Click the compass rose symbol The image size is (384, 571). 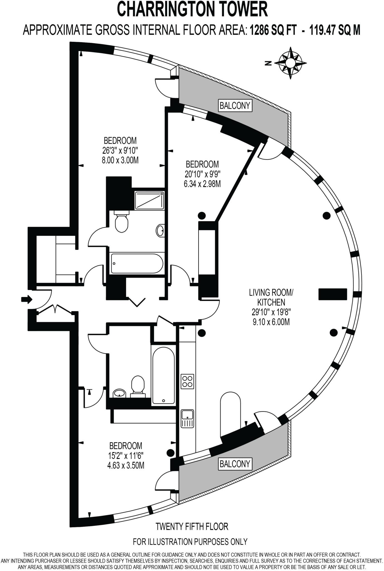[x=290, y=63]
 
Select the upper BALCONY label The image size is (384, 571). [x=235, y=106]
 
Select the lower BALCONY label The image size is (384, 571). [x=235, y=464]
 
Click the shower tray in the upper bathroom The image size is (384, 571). [x=149, y=200]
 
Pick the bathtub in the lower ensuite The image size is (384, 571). [x=164, y=376]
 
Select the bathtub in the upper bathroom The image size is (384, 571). [x=137, y=263]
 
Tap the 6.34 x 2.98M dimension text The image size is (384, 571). [x=202, y=184]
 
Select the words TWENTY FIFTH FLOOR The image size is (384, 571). [x=192, y=526]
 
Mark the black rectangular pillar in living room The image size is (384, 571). [x=333, y=294]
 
